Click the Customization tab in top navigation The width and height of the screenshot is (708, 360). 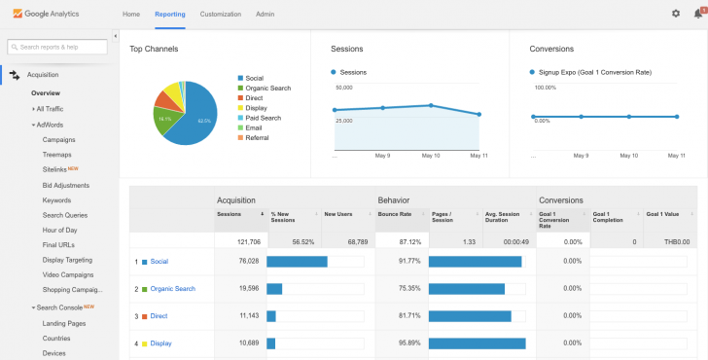coord(220,15)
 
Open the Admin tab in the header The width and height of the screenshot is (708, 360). coord(265,15)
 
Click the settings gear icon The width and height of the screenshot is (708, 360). coord(676,14)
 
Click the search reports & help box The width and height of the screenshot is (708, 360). coord(58,47)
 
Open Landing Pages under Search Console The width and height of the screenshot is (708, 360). coord(64,323)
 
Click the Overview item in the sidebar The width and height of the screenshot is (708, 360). coord(46,93)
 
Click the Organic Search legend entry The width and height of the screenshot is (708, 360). coord(267,89)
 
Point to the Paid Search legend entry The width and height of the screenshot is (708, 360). coord(265,118)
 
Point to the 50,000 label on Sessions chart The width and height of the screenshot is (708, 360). coord(342,87)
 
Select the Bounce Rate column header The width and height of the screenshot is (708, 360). coord(394,213)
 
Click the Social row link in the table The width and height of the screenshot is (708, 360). coord(159,262)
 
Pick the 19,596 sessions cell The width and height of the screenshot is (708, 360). coord(245,289)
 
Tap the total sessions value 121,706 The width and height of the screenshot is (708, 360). coord(243,241)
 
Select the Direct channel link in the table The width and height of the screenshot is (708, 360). coord(159,316)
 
